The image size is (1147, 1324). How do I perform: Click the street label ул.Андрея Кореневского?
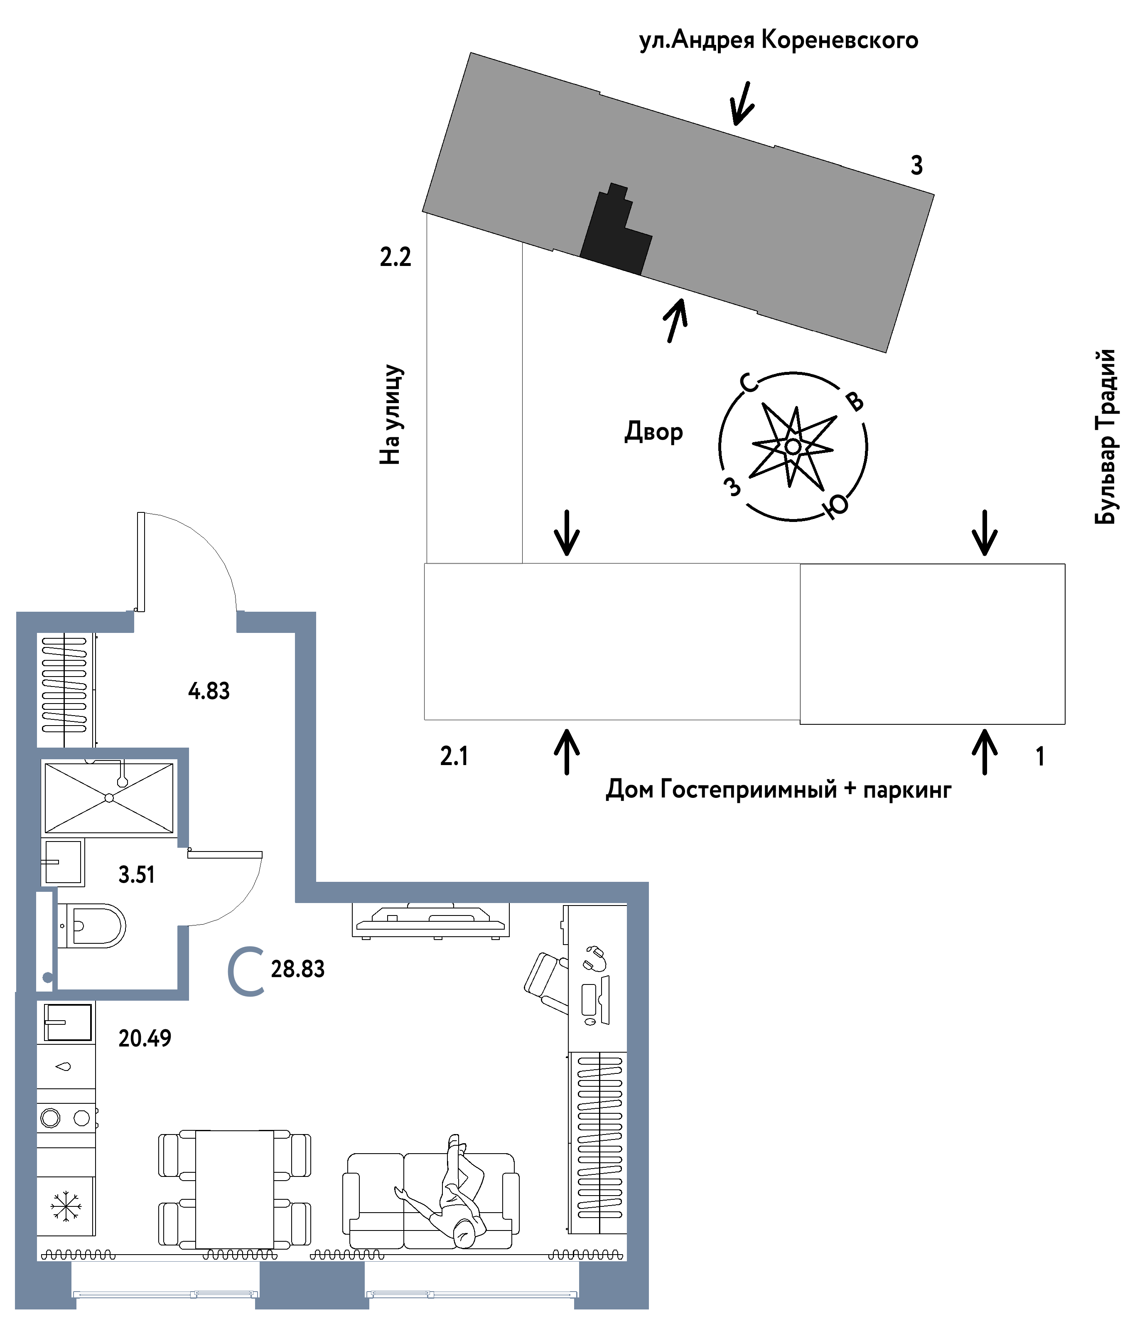779,40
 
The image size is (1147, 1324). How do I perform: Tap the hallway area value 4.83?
209,691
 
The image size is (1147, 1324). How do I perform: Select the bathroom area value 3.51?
136,874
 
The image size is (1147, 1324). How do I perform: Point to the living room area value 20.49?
145,1038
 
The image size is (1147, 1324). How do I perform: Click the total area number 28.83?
297,969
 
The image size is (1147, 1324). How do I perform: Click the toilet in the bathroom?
96,926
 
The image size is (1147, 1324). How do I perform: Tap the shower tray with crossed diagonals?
109,798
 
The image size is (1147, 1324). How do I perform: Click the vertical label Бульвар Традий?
1105,437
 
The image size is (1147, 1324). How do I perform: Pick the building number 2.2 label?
395,257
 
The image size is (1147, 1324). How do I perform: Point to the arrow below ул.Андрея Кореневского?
742,104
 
